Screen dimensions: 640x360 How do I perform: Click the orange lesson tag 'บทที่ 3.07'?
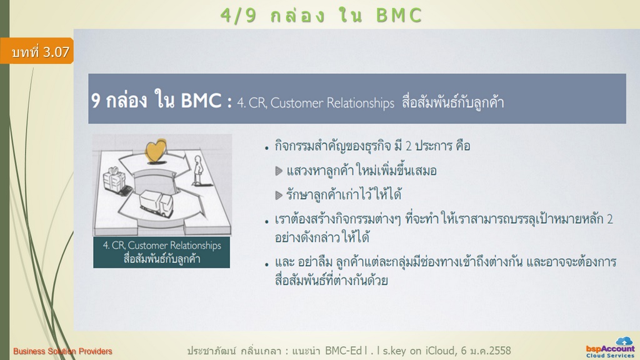click(x=37, y=51)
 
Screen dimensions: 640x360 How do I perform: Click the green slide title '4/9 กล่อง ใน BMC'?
click(x=321, y=16)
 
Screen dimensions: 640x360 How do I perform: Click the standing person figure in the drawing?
click(x=198, y=170)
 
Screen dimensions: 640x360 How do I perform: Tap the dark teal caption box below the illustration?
click(x=162, y=252)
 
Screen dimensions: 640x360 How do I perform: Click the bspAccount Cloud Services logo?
click(x=610, y=347)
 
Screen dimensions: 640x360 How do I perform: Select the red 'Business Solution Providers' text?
click(x=62, y=351)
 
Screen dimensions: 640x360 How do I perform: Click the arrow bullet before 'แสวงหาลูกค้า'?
click(x=279, y=171)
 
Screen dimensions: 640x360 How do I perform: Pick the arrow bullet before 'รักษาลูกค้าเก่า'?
click(x=279, y=195)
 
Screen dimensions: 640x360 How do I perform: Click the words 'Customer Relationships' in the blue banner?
click(x=332, y=103)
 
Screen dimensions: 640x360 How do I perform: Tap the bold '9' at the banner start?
click(x=96, y=101)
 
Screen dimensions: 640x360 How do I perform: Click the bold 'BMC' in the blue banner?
click(x=201, y=101)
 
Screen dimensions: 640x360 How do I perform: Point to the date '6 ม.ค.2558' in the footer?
click(x=486, y=351)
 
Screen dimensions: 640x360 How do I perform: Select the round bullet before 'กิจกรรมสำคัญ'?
click(x=266, y=148)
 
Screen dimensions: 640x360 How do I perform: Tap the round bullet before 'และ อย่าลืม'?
click(x=266, y=264)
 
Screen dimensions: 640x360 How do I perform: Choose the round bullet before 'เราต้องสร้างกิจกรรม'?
click(x=266, y=222)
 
